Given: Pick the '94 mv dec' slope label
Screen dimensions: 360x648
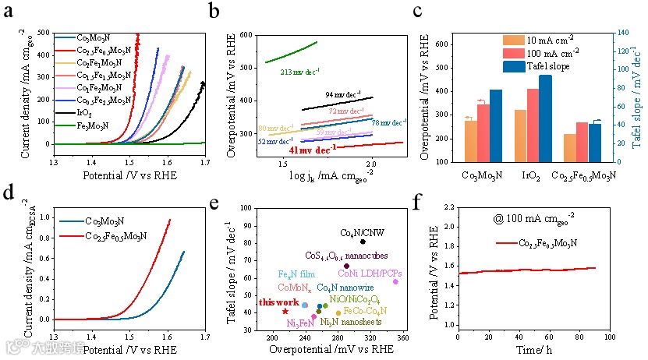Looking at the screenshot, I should coord(343,94).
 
